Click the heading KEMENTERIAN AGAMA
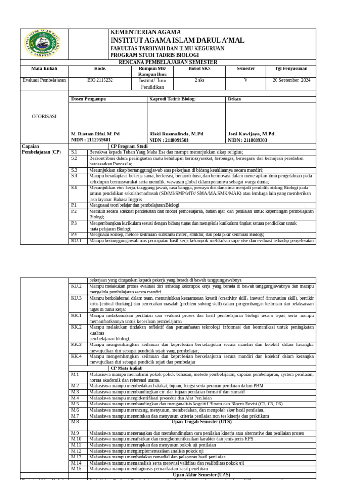[145, 32]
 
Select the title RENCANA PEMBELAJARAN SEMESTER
[168, 62]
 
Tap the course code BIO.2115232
[100, 80]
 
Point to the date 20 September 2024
[292, 80]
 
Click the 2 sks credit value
[199, 80]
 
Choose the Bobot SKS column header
[200, 69]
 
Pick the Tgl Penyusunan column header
[292, 69]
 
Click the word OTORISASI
[44, 116]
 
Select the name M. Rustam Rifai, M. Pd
[95, 134]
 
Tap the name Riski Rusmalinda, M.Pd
[176, 134]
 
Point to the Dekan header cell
[234, 99]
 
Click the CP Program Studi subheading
[129, 146]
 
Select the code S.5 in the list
[74, 187]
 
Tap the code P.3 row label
[74, 223]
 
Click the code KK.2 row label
[76, 327]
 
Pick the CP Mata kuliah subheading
[127, 368]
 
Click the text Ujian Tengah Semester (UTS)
[202, 422]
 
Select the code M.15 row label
[76, 469]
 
